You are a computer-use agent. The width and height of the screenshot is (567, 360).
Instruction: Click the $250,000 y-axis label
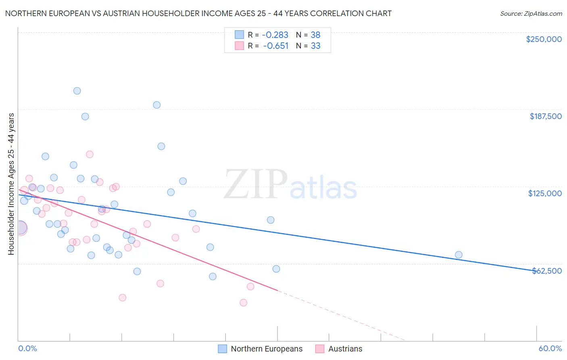pos(544,39)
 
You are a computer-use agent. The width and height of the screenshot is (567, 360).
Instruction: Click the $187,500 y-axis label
pos(545,116)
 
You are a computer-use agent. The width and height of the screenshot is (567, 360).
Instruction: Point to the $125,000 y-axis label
pos(545,193)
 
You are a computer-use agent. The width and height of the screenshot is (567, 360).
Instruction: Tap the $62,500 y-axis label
pos(546,271)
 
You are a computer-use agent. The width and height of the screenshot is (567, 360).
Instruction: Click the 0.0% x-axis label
pos(27,348)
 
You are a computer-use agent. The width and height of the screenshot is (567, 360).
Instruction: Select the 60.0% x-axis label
pos(550,348)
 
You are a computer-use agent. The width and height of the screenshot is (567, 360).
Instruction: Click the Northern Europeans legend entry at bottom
pos(266,349)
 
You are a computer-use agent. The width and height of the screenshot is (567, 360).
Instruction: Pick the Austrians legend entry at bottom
pos(345,349)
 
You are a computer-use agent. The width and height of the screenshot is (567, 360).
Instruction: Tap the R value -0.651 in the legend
pos(276,46)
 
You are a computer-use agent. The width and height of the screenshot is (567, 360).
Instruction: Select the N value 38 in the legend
pos(315,35)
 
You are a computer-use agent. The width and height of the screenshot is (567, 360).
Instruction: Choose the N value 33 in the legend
pos(315,46)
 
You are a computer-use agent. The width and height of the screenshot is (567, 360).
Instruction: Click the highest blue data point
pos(77,91)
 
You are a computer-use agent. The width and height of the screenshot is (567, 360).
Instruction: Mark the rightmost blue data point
pos(459,255)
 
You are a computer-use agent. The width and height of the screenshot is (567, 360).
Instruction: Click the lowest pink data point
pos(243,303)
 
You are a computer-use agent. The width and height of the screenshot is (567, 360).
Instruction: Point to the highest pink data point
pos(90,155)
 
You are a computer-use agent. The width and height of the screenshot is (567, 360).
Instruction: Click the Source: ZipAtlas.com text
pos(531,14)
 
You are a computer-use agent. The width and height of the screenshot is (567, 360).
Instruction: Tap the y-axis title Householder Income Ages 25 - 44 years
pos(11,184)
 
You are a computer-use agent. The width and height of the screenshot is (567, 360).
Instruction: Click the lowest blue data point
pos(213,276)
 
